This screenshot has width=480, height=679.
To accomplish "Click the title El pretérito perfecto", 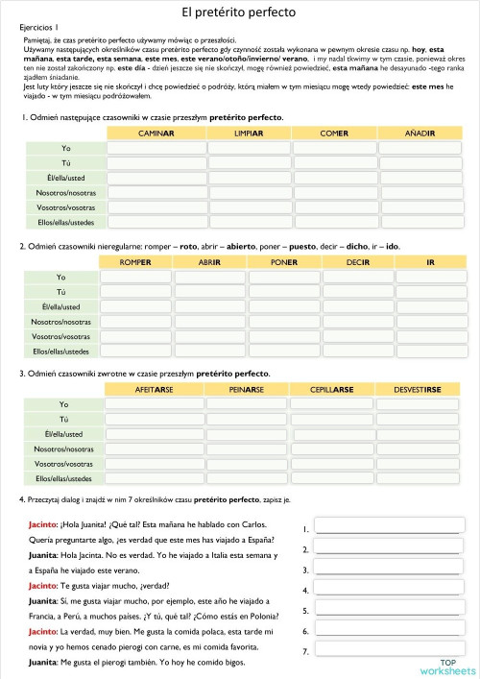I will click(239, 12).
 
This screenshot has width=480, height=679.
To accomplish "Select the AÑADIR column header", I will click(420, 133).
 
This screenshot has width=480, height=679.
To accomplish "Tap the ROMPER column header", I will click(135, 261).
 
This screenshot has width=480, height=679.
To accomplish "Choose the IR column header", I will click(430, 261).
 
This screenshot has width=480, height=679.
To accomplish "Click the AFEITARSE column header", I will click(154, 389).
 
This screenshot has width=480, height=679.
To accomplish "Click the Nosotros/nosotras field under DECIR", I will click(357, 322).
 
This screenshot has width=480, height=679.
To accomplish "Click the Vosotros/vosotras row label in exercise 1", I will click(65, 207).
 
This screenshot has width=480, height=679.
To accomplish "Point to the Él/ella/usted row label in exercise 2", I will click(61, 306).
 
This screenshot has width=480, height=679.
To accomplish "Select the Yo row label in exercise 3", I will click(64, 404).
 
